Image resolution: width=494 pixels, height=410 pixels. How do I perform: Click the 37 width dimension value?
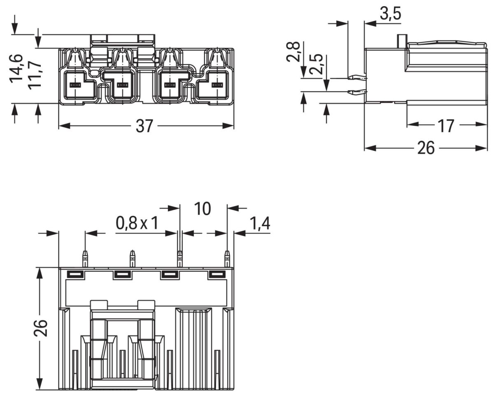click(144, 126)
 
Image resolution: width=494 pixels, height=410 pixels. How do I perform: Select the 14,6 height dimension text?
click(17, 68)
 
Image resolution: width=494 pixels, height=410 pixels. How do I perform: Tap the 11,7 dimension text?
click(35, 74)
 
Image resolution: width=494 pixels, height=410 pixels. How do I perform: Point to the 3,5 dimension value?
click(390, 14)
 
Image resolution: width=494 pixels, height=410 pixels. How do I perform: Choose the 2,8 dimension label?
click(294, 51)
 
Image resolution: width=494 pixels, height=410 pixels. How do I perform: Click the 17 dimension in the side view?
click(445, 126)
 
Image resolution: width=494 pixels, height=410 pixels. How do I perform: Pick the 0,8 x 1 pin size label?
click(137, 223)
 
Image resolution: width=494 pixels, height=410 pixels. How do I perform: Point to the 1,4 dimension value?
click(259, 223)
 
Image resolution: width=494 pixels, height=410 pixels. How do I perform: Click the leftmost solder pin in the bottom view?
click(85, 259)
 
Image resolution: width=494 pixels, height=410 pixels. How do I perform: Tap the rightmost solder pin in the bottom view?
click(227, 259)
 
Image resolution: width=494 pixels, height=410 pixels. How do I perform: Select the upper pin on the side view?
click(357, 77)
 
